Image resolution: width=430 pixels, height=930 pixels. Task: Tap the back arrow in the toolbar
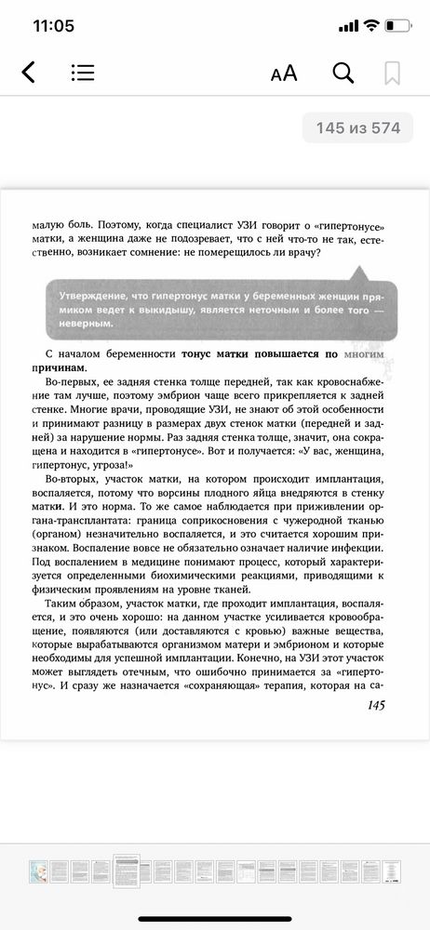(x=28, y=73)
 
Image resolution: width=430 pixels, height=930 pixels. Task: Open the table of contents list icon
(x=82, y=73)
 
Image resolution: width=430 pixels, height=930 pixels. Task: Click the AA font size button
(x=283, y=73)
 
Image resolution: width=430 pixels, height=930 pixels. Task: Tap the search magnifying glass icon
(x=343, y=73)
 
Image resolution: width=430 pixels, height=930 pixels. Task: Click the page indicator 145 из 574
(x=357, y=128)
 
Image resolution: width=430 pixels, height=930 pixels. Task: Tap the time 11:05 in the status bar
(x=53, y=26)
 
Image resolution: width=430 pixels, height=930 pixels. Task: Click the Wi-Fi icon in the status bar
(x=370, y=26)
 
